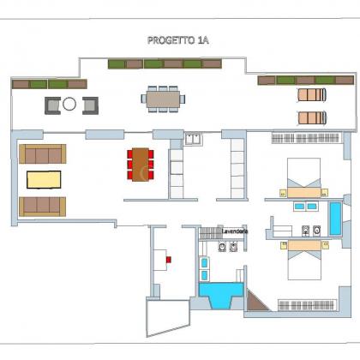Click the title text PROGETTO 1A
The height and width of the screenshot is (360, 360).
point(178,40)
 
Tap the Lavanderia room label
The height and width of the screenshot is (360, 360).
point(235,231)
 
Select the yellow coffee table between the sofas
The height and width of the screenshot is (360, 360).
point(44,179)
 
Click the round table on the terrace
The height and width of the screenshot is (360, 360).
point(69,104)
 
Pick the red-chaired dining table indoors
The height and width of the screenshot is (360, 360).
point(141,165)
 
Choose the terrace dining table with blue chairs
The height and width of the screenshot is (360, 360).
point(163,99)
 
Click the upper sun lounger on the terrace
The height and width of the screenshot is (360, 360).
point(312,95)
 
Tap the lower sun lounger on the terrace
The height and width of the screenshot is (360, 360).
point(312,117)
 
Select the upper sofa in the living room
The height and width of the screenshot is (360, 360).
point(43,153)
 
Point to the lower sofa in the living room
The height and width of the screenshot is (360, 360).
point(43,207)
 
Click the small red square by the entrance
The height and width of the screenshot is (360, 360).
point(169,260)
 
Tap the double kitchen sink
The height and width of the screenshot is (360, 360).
point(193,139)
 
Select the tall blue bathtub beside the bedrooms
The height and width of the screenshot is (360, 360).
point(335,218)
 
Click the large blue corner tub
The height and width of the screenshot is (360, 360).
point(221,294)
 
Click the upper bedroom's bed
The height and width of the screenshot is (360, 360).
point(303,177)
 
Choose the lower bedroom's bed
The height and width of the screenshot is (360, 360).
point(304,260)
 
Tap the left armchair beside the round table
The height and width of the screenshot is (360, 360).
point(52,105)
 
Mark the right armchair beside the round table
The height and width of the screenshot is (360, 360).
point(90,105)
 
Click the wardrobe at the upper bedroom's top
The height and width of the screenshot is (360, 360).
point(306,138)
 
